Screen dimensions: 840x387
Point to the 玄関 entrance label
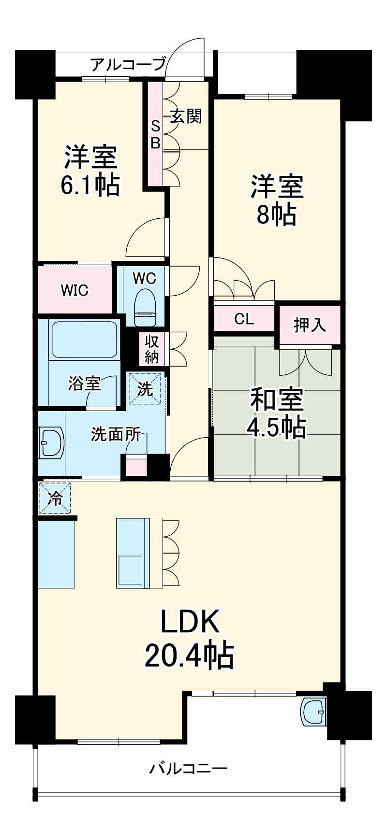pos(186,116)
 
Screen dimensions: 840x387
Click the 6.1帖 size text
pos(90,184)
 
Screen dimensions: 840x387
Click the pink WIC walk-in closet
pos(74,290)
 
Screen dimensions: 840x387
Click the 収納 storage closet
pos(152,349)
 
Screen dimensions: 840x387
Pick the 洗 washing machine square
pos(146,389)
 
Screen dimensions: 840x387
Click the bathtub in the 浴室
pos(85,340)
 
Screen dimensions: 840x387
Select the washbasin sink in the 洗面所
pos(51,442)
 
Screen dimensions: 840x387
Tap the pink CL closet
pos(243,319)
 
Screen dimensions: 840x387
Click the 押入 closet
pos(310,325)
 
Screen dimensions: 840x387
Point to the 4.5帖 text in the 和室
pos(276,427)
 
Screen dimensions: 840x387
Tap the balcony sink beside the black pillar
pos(314,712)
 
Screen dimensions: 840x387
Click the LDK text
pos(190,622)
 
